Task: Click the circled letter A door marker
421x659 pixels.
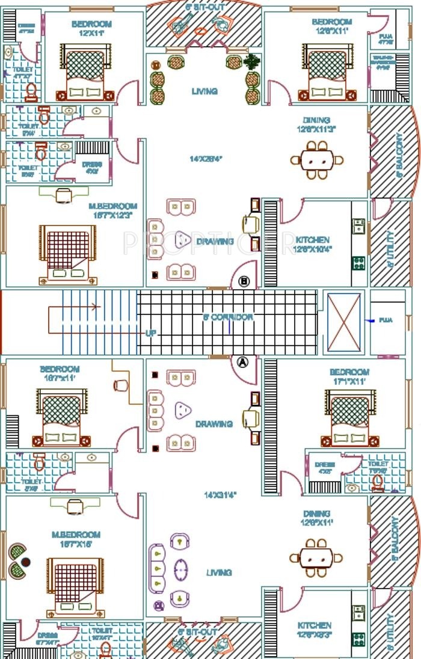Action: [x=243, y=362]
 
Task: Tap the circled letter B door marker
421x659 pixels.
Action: [x=244, y=281]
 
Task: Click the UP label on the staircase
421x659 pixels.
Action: [x=150, y=333]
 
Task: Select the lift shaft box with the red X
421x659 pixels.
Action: [x=343, y=323]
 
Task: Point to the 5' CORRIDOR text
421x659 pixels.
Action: [x=229, y=317]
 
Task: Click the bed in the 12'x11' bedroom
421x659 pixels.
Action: [x=85, y=72]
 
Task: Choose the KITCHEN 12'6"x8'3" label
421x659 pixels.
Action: [x=314, y=630]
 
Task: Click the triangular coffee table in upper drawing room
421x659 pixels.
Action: [x=182, y=241]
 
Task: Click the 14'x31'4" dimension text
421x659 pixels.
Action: [x=220, y=495]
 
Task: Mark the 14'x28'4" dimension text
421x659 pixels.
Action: [x=206, y=159]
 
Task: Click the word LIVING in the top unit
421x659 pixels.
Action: [x=204, y=91]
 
